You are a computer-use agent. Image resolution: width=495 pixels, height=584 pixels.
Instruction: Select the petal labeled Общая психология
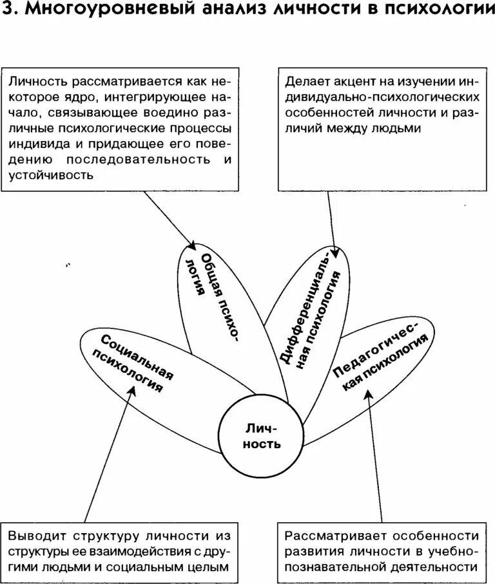click(213, 296)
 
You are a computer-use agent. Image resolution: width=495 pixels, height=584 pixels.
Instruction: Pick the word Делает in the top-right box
click(308, 83)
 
